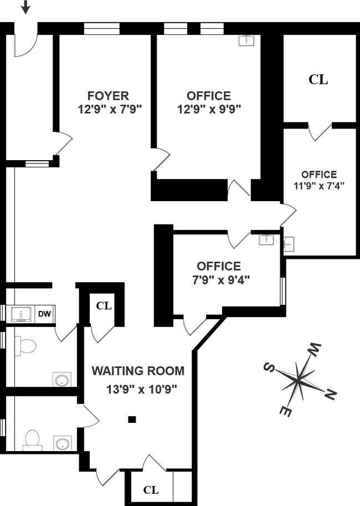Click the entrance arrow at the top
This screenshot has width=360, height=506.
coord(25,7)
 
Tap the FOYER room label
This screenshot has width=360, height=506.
coord(109,96)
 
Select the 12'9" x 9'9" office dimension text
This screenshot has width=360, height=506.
coord(209,110)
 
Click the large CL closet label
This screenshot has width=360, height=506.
coord(318,79)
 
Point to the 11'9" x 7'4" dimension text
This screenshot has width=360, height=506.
coord(319,186)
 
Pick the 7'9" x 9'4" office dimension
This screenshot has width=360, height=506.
coord(221,280)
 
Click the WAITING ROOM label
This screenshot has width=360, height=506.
coord(138,371)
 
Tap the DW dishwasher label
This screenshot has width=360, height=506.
coord(45,314)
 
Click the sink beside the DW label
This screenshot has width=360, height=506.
coord(22,314)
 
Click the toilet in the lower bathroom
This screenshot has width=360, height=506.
coord(32,440)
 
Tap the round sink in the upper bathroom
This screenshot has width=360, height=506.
coord(62,380)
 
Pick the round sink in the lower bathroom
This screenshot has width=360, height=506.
coord(62,443)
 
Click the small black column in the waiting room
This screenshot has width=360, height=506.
coord(132,420)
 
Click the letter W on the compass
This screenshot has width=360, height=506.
coord(315,349)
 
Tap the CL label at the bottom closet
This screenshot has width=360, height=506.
coord(151,490)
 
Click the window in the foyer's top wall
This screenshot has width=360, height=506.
coord(101,29)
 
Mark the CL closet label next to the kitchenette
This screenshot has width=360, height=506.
coord(104,305)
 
